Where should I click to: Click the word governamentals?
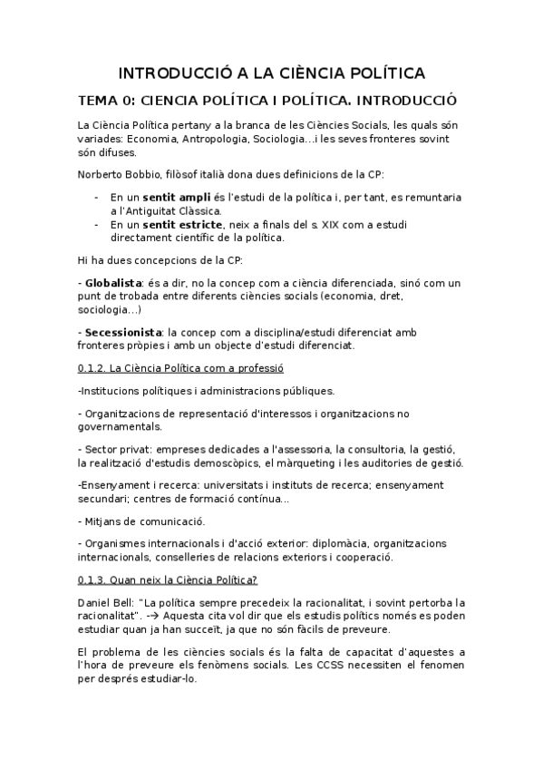(120, 426)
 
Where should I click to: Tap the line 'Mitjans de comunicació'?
(144, 521)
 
